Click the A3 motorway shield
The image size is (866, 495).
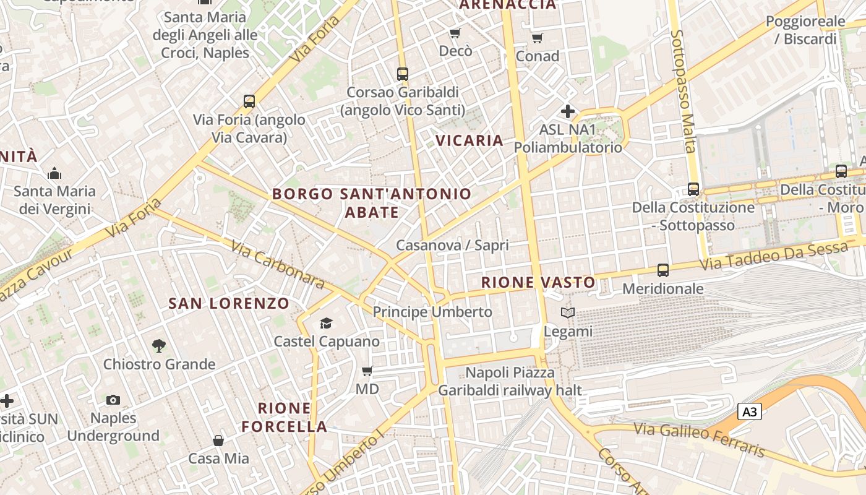point(749,411)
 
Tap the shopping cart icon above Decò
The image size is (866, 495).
point(455,33)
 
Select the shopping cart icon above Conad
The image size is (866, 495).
point(538,38)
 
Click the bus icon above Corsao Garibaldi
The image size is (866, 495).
point(403,74)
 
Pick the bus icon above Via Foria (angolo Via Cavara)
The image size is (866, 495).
point(249,101)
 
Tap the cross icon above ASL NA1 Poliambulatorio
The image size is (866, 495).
point(567,112)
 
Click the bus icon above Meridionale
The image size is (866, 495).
point(663,270)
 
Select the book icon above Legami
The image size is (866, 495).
point(568,313)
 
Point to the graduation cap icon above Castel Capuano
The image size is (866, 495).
point(326,323)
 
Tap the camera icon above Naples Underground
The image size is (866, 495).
point(113,400)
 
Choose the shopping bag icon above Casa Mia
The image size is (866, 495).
point(218,441)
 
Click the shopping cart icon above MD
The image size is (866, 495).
point(367,371)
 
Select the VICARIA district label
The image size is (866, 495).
point(469,140)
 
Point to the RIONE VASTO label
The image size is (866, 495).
point(538,283)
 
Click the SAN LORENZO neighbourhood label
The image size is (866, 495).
point(229,303)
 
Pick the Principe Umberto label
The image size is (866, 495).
point(432,312)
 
